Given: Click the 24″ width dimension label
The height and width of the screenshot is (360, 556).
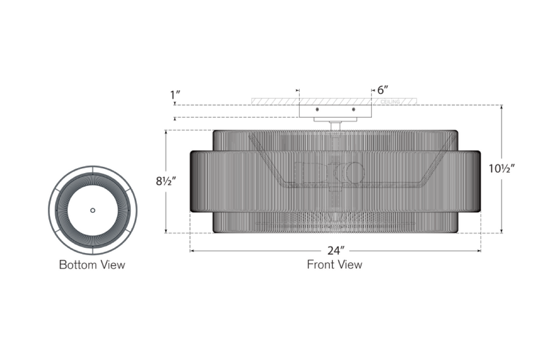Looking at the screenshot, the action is point(336,251).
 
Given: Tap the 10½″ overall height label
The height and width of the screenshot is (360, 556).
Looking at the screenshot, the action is point(502,168).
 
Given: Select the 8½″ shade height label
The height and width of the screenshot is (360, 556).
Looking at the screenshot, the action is point(166,181).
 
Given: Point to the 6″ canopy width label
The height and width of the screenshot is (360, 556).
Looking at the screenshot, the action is point(383,90).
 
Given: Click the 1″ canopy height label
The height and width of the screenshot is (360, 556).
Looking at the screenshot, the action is point(175,95).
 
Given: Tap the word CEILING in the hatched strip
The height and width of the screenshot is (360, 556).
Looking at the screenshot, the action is point(390,102).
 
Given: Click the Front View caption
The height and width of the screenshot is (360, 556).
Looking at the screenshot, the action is point(334,264).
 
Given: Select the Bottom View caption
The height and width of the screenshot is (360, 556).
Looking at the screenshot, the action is point(92,264).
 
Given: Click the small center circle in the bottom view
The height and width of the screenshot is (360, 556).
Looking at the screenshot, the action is point(92,210).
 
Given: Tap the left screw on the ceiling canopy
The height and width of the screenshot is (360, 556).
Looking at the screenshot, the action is point(317,109).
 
